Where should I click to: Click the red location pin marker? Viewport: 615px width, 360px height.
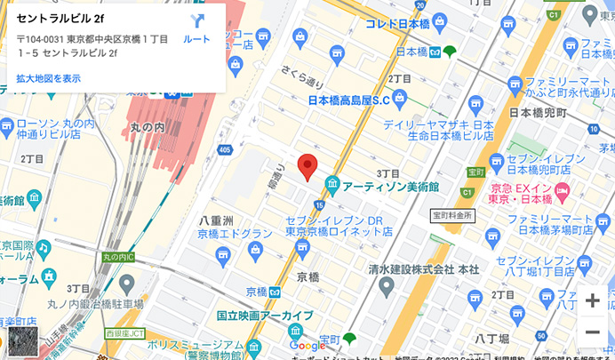(x=307, y=166)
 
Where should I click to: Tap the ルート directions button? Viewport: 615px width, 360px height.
(x=196, y=28)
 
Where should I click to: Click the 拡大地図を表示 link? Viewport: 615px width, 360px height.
(x=48, y=78)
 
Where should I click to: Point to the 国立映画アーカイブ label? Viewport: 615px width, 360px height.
(x=265, y=316)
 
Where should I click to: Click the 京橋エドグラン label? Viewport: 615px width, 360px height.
(x=235, y=234)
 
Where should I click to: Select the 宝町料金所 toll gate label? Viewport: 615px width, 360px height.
(x=452, y=215)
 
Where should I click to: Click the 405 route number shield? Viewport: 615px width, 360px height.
(x=223, y=149)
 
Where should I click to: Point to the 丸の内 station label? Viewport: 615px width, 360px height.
(x=148, y=127)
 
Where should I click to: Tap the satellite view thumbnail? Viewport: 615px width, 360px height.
(x=23, y=341)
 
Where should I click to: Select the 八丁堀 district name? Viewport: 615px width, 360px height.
(x=491, y=338)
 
